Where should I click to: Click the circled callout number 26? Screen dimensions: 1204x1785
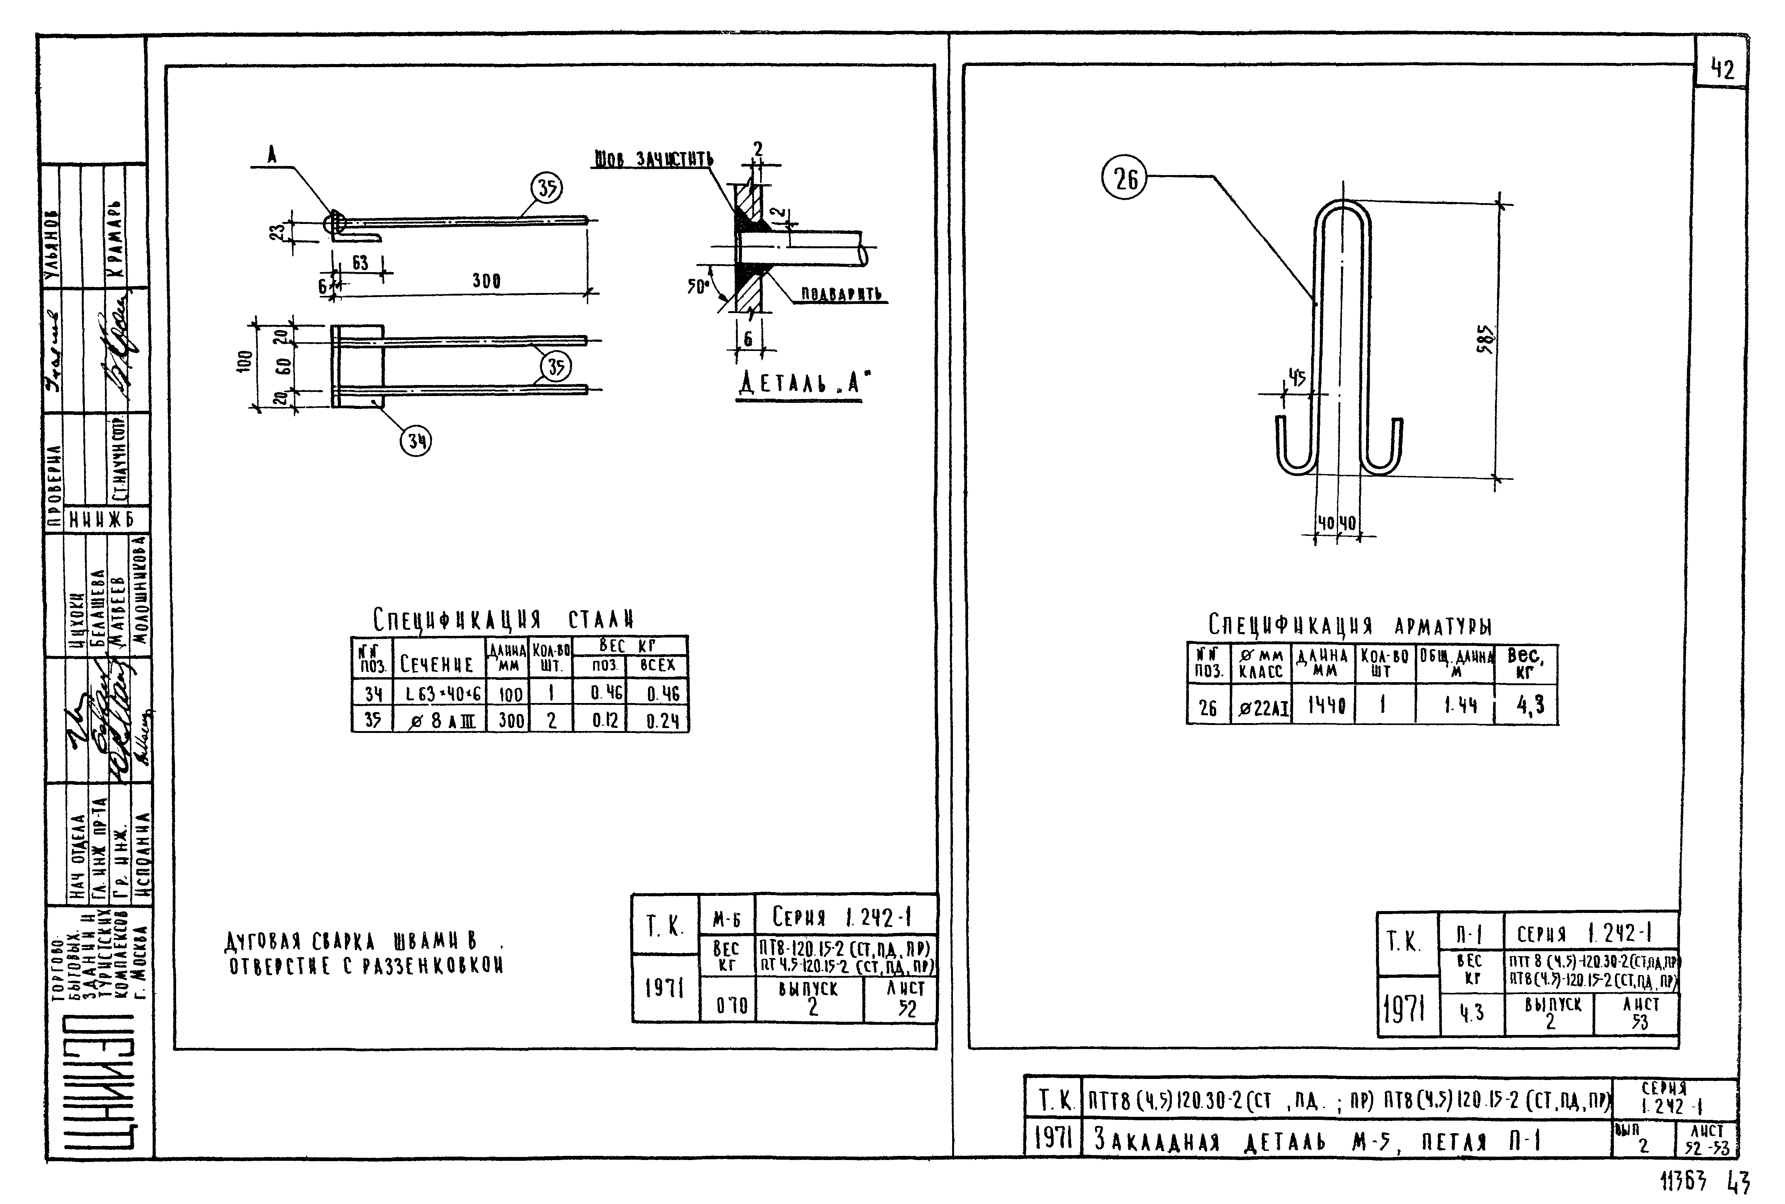click(1125, 179)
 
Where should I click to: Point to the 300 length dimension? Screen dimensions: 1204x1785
click(487, 281)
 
